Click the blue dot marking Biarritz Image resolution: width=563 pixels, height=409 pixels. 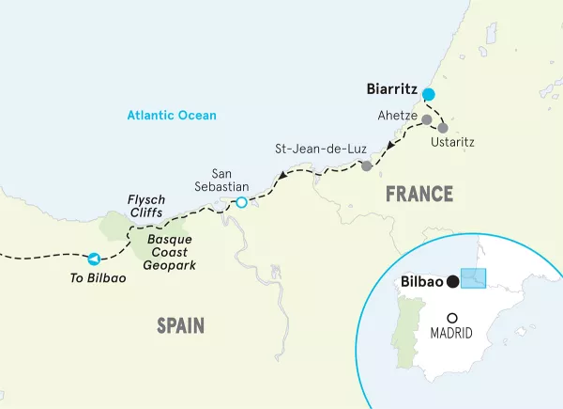[x=429, y=94]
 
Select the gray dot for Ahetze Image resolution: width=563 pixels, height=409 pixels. [x=427, y=120]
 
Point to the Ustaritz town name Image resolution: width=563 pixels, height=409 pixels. [x=452, y=143]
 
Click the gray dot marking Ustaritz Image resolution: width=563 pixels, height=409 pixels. [x=443, y=127]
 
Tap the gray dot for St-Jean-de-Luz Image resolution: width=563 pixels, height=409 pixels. [x=366, y=165]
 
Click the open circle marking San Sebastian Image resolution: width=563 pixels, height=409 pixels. [x=241, y=202]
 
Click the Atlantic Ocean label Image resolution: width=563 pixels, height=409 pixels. [x=173, y=116]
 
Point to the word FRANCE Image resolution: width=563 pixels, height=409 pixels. [x=419, y=195]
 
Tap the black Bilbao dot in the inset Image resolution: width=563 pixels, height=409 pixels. [x=453, y=281]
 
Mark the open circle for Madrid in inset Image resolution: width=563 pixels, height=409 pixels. [x=452, y=318]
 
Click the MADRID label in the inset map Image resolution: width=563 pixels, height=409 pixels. [x=451, y=334]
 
